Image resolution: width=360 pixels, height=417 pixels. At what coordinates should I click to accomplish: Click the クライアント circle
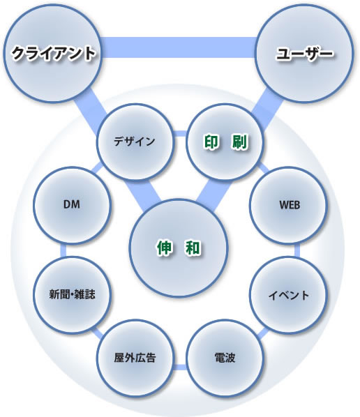coord(52,53)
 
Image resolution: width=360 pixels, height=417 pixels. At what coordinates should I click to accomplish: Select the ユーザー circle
coord(304,53)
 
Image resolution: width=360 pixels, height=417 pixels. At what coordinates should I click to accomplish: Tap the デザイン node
coord(135,142)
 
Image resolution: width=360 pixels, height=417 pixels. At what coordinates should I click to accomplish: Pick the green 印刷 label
coord(225,142)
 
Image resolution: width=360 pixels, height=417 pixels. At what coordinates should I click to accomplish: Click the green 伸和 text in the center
coord(179,248)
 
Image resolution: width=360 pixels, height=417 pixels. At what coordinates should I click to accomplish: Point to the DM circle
coord(72,205)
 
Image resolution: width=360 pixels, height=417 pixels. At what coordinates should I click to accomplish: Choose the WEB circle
coord(288,205)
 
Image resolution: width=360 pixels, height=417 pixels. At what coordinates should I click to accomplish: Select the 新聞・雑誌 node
coord(72,294)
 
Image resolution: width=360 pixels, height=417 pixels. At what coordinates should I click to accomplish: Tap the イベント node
coord(288,295)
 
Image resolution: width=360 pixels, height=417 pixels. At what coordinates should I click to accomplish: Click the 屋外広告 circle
coord(135,358)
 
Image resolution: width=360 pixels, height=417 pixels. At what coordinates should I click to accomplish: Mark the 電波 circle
coord(225,358)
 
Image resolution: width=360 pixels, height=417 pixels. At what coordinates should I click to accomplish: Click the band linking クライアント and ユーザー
coord(179,47)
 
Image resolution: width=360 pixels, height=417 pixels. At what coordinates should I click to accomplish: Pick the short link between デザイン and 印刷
coord(179,133)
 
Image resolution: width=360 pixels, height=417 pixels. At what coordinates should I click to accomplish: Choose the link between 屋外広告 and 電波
coord(179,367)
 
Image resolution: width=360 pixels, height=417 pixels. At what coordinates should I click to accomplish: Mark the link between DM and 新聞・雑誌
coord(63,250)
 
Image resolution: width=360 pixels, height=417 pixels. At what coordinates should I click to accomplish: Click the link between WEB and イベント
coord(297,250)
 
